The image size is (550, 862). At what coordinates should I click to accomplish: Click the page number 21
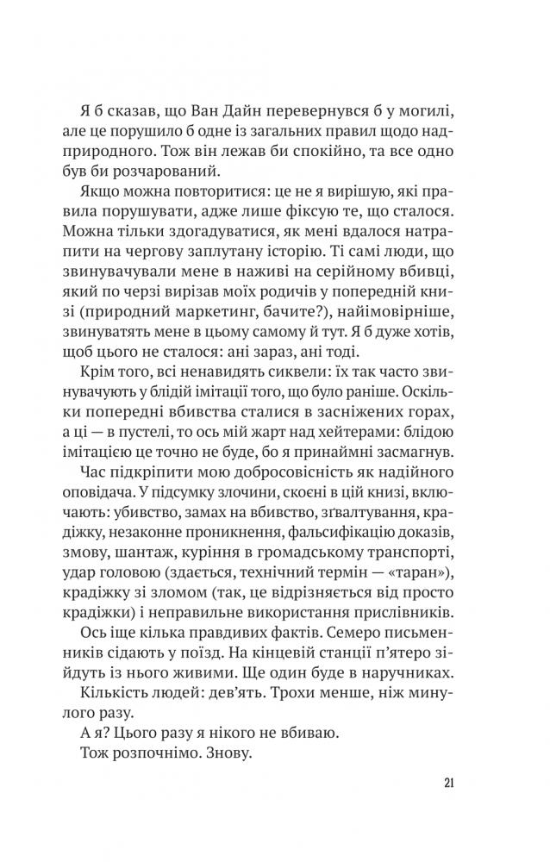click(448, 782)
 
